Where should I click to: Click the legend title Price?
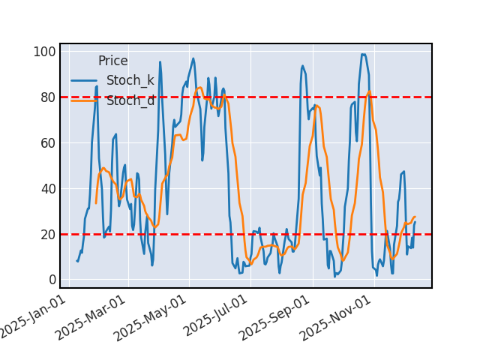[x=112, y=61]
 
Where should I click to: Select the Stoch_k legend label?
[x=130, y=81]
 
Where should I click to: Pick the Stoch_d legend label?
[x=130, y=100]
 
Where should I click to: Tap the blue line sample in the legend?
[x=85, y=81]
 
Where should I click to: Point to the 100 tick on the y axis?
[x=43, y=52]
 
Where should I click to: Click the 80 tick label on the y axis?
[x=46, y=97]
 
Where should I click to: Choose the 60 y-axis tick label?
[x=46, y=143]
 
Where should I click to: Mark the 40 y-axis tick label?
[x=46, y=189]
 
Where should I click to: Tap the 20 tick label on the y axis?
[x=46, y=235]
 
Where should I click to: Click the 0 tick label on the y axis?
[x=50, y=280]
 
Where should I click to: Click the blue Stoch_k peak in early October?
[x=364, y=54]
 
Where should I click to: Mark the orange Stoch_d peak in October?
[x=369, y=91]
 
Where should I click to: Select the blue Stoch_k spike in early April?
[x=160, y=62]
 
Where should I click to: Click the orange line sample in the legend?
[x=85, y=100]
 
